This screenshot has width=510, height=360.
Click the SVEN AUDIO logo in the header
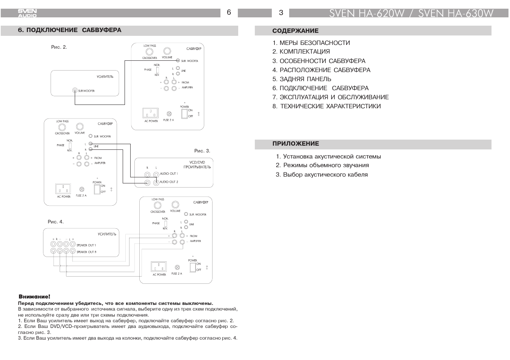point(27,13)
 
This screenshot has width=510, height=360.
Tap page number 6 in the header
point(229,12)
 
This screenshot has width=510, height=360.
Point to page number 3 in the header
point(281,13)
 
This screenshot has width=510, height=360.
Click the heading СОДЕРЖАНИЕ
point(295,31)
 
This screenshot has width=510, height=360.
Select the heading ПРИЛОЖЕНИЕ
point(296,143)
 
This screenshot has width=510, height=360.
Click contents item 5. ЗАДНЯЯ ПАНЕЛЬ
point(302,79)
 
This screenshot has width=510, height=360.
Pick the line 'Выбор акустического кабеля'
point(322,174)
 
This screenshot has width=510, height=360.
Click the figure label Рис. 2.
point(59,47)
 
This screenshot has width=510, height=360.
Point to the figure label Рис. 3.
point(202,151)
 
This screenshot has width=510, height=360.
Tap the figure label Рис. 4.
point(55,222)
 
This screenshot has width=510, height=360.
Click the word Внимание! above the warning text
point(34,297)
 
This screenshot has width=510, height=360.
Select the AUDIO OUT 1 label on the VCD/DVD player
point(169,174)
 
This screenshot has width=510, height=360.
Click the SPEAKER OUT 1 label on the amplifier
point(86,245)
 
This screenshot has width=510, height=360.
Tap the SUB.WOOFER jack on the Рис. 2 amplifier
point(75,91)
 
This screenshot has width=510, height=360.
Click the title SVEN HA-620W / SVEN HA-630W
point(411,13)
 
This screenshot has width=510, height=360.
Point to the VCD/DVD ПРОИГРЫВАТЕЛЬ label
point(197,165)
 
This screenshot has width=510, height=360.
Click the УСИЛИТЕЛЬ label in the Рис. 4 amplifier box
point(107,234)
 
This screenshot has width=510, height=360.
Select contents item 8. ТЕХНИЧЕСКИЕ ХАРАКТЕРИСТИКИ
point(327,106)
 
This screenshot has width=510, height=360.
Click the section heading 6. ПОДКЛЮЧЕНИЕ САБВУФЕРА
point(69,30)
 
